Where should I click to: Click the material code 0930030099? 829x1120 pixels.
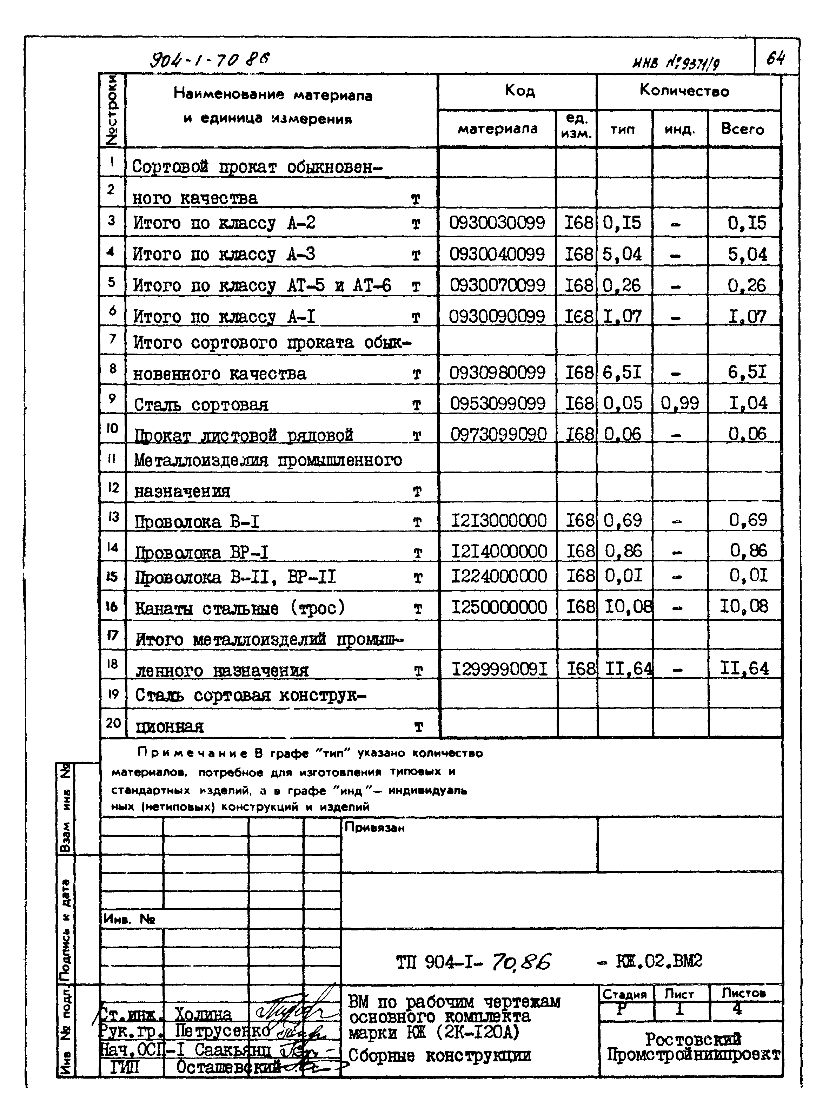[496, 222]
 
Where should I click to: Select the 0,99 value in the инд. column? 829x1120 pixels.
[679, 403]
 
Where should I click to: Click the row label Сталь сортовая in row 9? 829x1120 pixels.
[201, 404]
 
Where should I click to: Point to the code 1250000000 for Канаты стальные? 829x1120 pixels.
[499, 607]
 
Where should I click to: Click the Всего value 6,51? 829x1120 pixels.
[747, 372]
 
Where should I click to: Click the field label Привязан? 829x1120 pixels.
[374, 828]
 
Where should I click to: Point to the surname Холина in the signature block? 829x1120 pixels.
[203, 1015]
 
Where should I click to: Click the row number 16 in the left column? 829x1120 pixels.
[112, 606]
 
